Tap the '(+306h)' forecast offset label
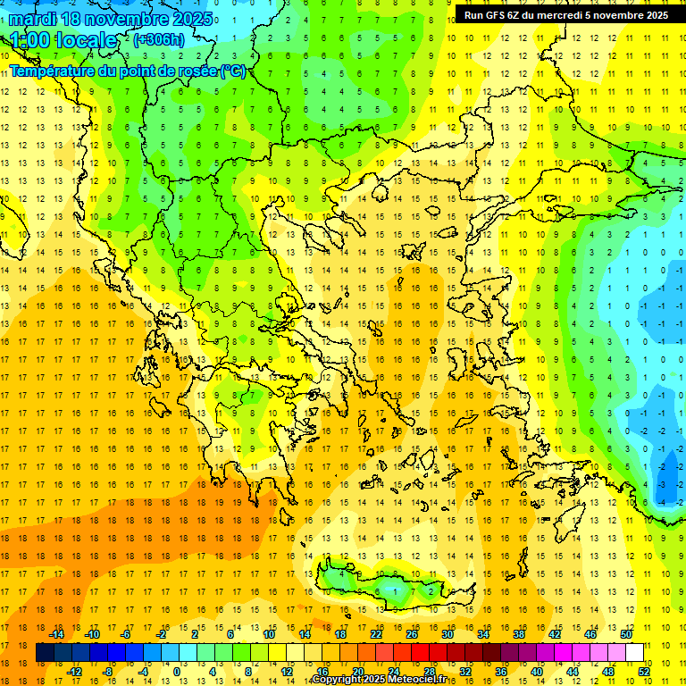(159, 40)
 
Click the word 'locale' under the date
(87, 40)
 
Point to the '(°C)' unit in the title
(233, 71)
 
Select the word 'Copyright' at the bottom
(337, 680)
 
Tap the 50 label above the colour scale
(626, 634)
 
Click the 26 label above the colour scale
(412, 634)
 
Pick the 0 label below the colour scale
(177, 672)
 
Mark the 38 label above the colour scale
(519, 634)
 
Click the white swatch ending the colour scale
(635, 653)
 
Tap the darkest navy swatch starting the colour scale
(45, 653)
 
